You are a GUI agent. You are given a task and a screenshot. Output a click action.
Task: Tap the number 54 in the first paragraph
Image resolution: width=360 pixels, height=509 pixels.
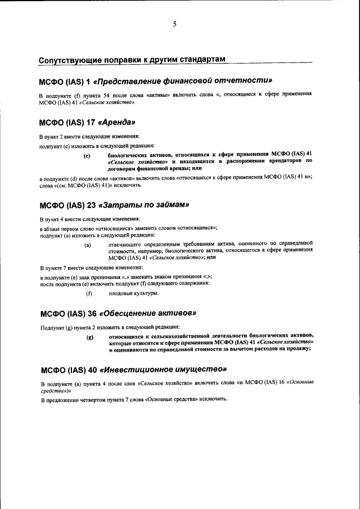click(103, 95)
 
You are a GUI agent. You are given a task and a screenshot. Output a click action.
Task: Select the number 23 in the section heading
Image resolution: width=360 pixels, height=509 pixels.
click(90, 204)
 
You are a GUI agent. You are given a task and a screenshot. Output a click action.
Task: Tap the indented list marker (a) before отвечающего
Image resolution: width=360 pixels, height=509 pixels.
click(88, 246)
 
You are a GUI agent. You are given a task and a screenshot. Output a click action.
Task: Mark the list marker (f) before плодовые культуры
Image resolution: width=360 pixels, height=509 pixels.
click(88, 294)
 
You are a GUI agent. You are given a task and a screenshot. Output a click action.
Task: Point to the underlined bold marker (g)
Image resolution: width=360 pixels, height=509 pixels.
click(88, 337)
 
